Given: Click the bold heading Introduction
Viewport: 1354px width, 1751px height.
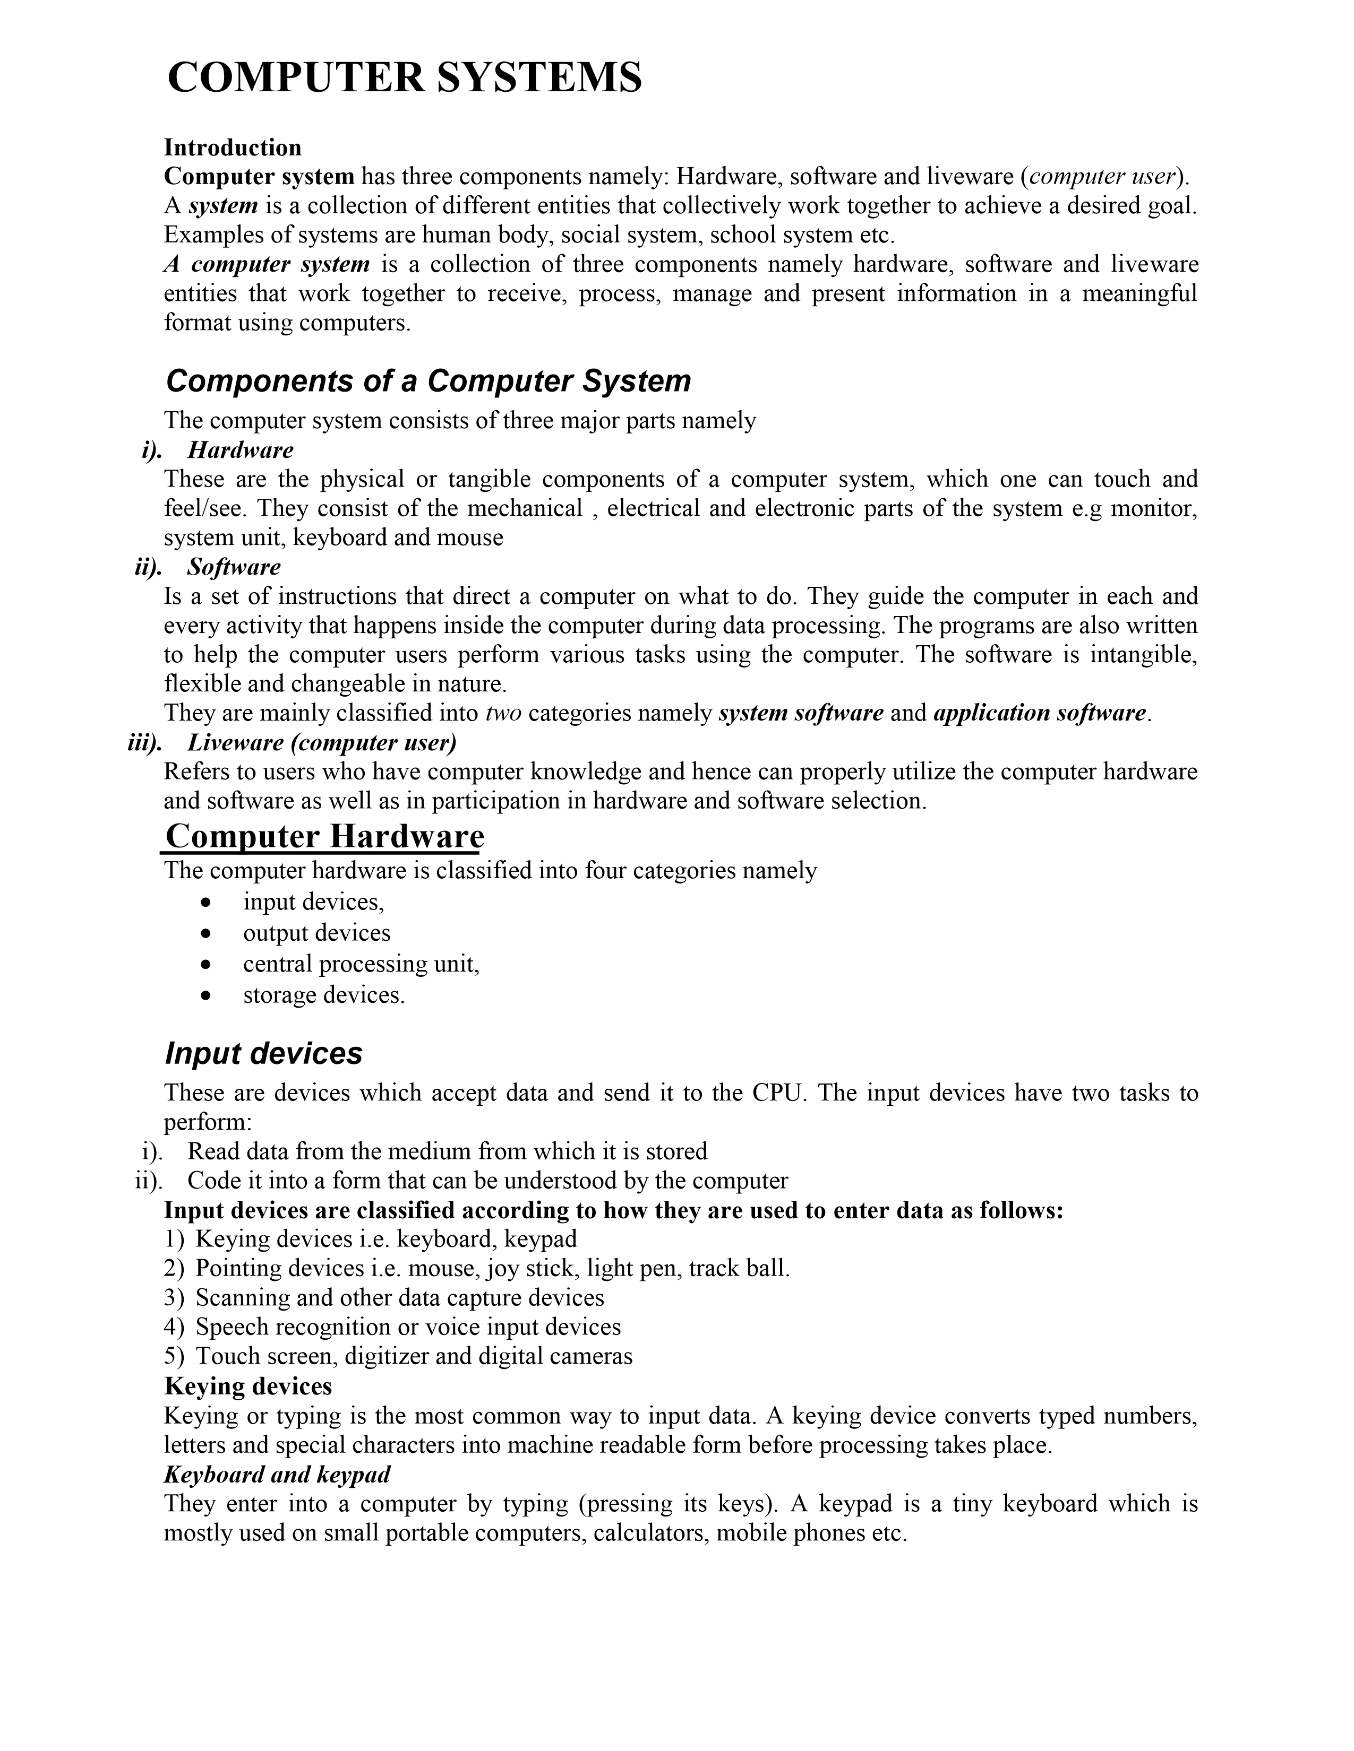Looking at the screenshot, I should point(233,148).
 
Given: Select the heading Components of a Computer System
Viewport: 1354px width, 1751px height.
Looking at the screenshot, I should point(427,381).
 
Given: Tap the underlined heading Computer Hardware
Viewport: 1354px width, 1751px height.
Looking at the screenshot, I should point(324,836).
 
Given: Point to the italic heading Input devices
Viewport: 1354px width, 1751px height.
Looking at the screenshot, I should point(263,1053).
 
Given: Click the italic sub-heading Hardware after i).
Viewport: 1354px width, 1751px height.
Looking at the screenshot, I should point(240,450).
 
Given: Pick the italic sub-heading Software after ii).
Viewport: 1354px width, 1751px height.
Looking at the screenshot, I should point(234,567).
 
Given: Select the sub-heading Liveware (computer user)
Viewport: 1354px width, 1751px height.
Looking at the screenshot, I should point(322,742).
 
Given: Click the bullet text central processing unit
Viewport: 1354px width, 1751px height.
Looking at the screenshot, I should point(361,964).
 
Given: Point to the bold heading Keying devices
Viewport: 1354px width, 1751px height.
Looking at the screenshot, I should point(248,1385).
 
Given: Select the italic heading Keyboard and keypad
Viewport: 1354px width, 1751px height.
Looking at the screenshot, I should point(277,1473).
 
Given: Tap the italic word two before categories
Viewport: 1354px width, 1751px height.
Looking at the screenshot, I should point(504,713).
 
